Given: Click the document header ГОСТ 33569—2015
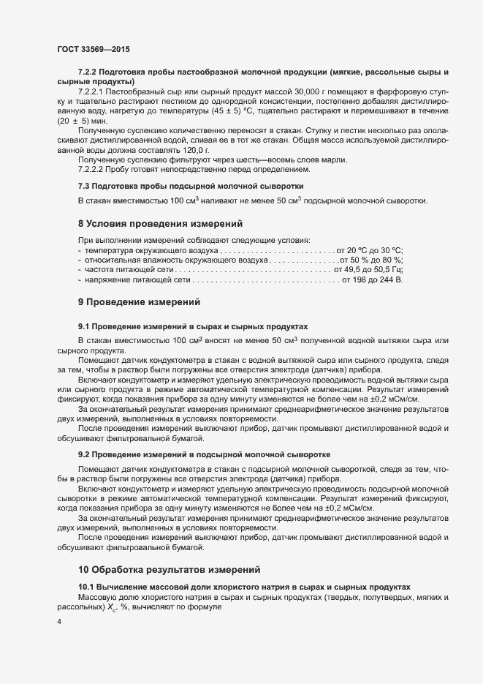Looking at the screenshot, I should (x=90, y=48).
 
